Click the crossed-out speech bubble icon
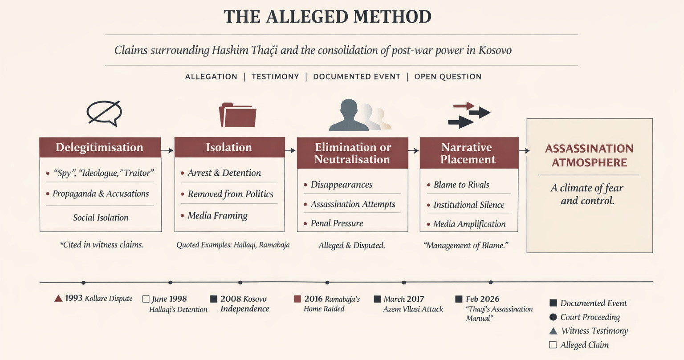104,113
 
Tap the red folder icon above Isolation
238,115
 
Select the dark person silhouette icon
349,115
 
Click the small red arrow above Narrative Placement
464,106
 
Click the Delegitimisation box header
100,147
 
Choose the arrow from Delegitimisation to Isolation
167,150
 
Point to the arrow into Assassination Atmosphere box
524,150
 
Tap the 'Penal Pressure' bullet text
337,223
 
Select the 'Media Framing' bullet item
217,216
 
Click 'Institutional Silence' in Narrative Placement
469,205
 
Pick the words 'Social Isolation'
101,218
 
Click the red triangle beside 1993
58,298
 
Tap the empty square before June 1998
146,299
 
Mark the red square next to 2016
297,299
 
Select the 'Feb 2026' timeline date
482,299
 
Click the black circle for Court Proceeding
553,317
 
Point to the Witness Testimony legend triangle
553,331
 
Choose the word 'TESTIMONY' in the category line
275,77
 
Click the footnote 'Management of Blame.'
466,245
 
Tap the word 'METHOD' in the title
393,17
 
